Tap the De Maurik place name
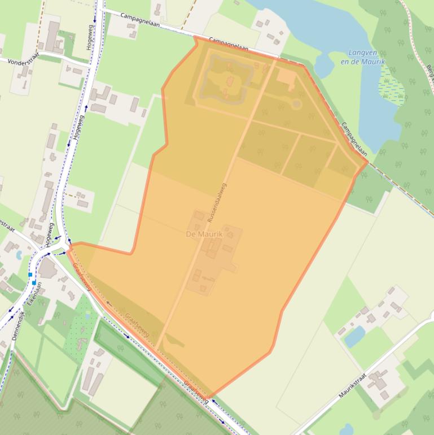pos(204,234)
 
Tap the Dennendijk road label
pos(18,325)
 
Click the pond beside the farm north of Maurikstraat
pos(354,337)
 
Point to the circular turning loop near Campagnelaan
pos(296,103)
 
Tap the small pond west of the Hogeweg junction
pos(20,255)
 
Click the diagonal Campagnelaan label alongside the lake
pos(354,138)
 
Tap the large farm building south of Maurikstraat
pos(376,384)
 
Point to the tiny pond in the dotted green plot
pos(87,316)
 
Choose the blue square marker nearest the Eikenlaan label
pos(34,282)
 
